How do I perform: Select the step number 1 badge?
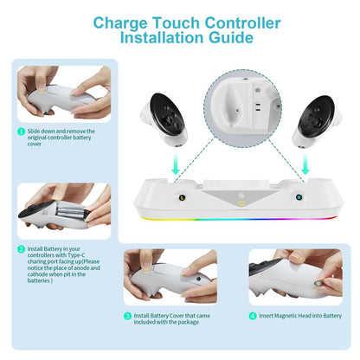click(x=21, y=132)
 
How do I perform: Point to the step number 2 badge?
click(x=21, y=248)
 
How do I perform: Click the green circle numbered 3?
click(x=127, y=317)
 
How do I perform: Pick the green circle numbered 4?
click(x=253, y=317)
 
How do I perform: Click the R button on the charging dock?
click(x=299, y=197)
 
